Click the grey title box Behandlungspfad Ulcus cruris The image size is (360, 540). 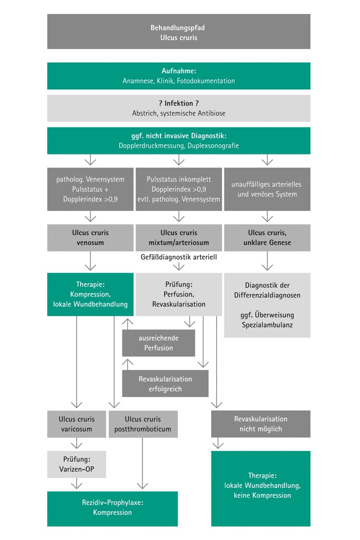coord(179,31)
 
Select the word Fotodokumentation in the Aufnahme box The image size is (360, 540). coord(206,81)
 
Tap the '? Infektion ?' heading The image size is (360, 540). coord(179,103)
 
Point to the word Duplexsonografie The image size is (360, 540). coord(213,146)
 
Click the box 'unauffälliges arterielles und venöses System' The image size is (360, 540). coord(267,189)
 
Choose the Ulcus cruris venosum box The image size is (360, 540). coord(90,238)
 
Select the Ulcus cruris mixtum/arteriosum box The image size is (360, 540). coord(179,238)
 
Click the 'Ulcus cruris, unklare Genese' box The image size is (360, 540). coord(267,238)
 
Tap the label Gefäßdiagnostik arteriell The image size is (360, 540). coord(179,257)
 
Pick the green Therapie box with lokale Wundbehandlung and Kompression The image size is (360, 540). coord(90,294)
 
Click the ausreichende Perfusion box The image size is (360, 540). coord(158,343)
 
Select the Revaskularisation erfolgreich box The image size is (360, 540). coord(165,383)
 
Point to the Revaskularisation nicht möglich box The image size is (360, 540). coord(261,424)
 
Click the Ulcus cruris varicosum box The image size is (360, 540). coord(76,424)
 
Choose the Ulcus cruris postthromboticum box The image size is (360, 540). coord(143,424)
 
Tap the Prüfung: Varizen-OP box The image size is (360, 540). coord(76,464)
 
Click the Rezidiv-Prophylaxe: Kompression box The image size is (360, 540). coord(112,508)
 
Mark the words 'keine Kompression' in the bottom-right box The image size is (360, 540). coord(262,495)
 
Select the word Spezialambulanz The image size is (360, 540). coord(267,325)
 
